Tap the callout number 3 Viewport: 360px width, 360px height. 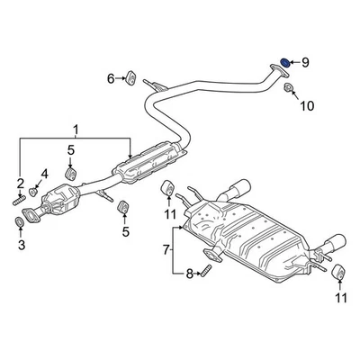click(x=22, y=245)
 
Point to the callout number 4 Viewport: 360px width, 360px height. click(x=44, y=174)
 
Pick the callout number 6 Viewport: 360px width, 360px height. click(x=111, y=79)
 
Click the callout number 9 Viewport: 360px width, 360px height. click(x=304, y=62)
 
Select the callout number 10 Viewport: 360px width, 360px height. click(x=307, y=106)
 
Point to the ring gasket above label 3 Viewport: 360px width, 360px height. click(x=22, y=221)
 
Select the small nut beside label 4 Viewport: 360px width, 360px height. click(x=32, y=190)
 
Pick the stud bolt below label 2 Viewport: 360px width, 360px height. click(x=18, y=201)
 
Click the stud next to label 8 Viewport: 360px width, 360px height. click(x=206, y=267)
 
